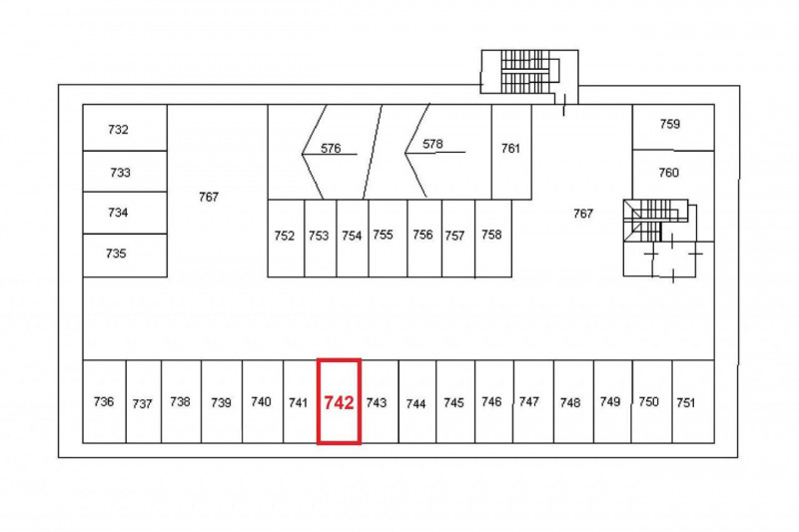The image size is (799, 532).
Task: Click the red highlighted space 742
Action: click(x=339, y=401)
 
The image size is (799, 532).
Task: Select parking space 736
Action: click(x=105, y=401)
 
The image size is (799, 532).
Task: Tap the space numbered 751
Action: click(x=693, y=401)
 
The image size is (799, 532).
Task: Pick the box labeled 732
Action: click(x=125, y=128)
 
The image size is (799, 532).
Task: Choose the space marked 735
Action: click(x=125, y=256)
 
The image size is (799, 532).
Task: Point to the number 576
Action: click(x=331, y=148)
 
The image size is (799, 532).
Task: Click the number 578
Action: click(x=432, y=144)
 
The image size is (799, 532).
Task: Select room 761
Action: click(x=511, y=152)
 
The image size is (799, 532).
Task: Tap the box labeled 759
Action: click(x=673, y=128)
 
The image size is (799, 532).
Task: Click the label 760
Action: click(x=668, y=173)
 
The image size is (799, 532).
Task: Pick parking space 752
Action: click(x=286, y=239)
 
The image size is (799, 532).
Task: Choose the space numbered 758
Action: click(x=493, y=239)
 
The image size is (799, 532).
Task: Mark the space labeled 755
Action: click(x=388, y=239)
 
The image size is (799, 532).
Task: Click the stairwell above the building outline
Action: click(x=530, y=72)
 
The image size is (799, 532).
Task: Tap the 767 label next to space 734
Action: click(x=209, y=197)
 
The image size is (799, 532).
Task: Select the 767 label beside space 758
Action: click(x=583, y=214)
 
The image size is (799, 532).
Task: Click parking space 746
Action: click(x=494, y=401)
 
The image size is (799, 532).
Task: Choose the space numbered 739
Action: click(x=222, y=401)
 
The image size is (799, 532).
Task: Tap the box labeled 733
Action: click(x=125, y=172)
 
